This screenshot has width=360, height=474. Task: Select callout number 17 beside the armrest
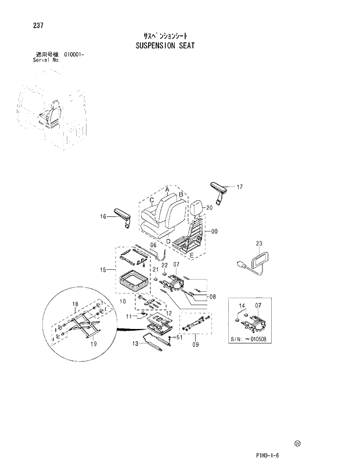(x=239, y=187)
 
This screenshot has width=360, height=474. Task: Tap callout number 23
(x=260, y=244)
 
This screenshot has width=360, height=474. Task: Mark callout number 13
(x=135, y=343)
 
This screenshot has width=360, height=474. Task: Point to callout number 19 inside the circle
(x=93, y=344)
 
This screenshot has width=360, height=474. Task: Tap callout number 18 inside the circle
(x=75, y=304)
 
